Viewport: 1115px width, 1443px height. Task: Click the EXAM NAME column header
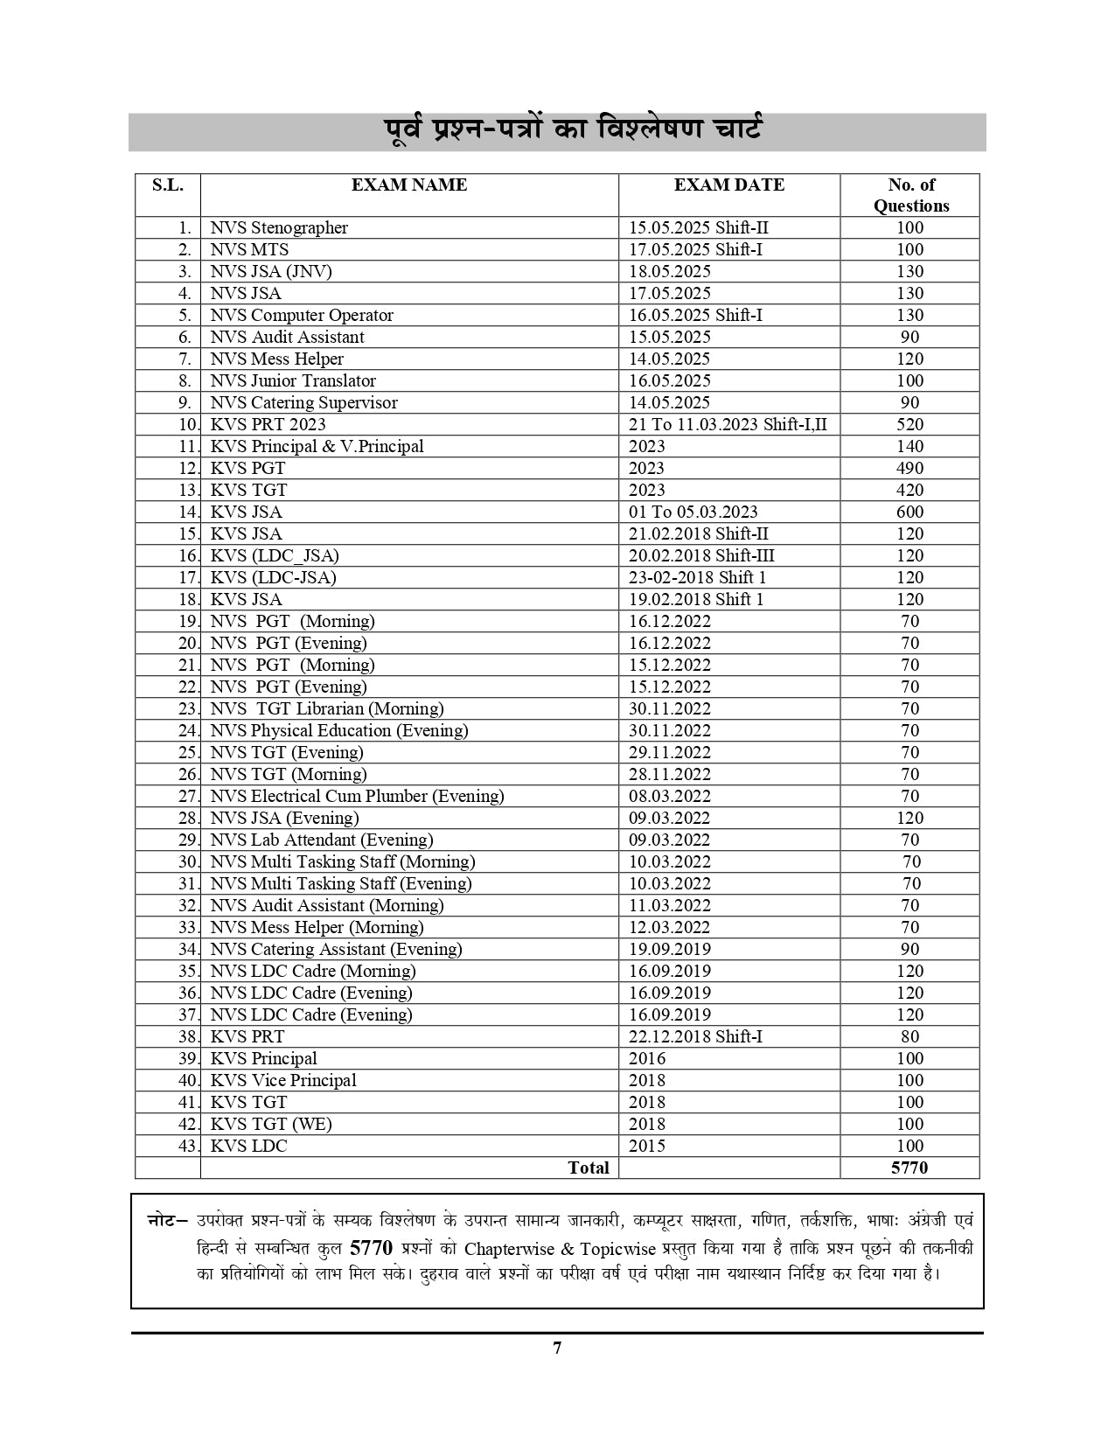coord(408,185)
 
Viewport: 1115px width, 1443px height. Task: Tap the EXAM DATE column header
coord(728,185)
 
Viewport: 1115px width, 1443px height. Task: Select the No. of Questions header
coord(910,195)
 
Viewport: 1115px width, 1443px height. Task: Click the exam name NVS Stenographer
coord(279,227)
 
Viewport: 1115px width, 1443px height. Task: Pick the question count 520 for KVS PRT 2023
coord(909,424)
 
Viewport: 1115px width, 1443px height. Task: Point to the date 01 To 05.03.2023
coord(693,512)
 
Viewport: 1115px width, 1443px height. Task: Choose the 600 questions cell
coord(909,512)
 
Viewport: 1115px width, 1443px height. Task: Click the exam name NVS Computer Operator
coord(302,315)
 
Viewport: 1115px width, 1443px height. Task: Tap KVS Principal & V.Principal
coord(317,446)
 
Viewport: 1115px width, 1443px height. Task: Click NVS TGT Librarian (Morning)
coord(326,708)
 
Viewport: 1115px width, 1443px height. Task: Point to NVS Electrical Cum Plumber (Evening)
coord(357,796)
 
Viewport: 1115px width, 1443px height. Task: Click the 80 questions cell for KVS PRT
coord(909,1036)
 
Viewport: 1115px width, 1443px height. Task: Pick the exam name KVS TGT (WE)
coord(271,1124)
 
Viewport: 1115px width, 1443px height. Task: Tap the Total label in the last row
coord(588,1168)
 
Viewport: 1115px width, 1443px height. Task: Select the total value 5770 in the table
coord(909,1168)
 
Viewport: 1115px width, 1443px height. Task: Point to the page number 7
coord(557,1348)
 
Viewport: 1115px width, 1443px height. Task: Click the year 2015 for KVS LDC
coord(646,1146)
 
